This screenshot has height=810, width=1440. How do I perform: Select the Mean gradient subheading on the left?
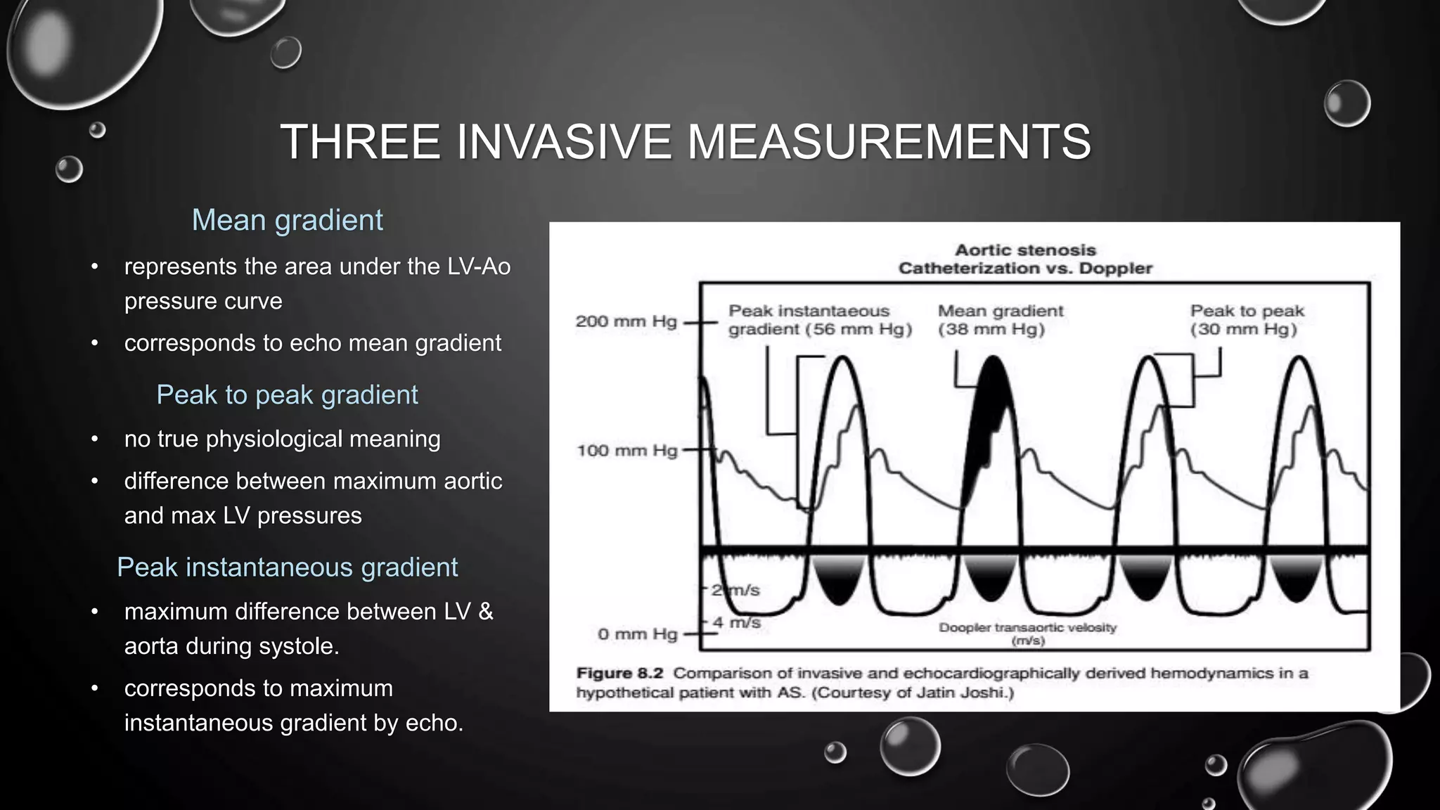287,220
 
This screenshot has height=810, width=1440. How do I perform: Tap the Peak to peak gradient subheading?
287,394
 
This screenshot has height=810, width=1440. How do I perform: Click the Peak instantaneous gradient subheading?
287,567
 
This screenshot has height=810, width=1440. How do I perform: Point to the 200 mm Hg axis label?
626,321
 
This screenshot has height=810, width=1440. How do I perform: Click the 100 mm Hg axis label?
626,450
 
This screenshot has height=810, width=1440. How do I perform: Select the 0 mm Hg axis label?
637,634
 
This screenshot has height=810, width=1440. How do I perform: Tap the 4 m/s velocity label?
736,622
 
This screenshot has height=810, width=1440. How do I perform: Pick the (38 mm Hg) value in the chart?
991,329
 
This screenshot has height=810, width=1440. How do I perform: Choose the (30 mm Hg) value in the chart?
1243,329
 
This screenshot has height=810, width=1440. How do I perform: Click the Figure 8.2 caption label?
619,673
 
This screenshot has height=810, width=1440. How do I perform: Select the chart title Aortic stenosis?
1025,250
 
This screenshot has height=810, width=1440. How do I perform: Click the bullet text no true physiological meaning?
282,439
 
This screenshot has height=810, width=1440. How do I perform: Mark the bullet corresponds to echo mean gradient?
312,343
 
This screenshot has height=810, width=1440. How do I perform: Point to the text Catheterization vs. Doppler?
1025,268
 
